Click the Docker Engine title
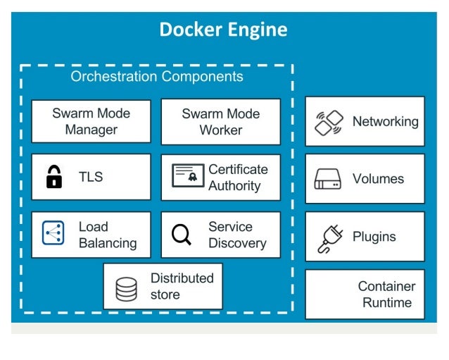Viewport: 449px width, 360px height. (x=223, y=30)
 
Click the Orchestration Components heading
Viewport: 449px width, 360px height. (x=156, y=77)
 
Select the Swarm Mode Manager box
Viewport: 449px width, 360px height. (x=91, y=121)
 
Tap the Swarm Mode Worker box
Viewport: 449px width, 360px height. (x=220, y=121)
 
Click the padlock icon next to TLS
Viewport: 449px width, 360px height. (x=54, y=177)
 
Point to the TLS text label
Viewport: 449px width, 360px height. (x=91, y=177)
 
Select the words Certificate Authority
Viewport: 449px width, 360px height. (x=238, y=178)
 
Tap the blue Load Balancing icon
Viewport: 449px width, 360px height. (x=53, y=234)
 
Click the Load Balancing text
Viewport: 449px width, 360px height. (x=107, y=235)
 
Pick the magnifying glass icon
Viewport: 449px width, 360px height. (x=182, y=235)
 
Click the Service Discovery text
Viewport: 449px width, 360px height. (x=237, y=235)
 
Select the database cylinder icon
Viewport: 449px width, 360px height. (x=127, y=288)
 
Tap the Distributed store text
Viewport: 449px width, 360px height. (x=182, y=286)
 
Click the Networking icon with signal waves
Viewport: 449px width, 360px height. (x=328, y=123)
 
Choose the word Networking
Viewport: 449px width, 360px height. (x=385, y=121)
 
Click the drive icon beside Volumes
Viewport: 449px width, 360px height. (x=328, y=179)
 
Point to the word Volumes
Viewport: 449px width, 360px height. (x=379, y=179)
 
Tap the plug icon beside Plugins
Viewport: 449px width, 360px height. (x=328, y=237)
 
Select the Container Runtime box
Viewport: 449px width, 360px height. (x=365, y=294)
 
